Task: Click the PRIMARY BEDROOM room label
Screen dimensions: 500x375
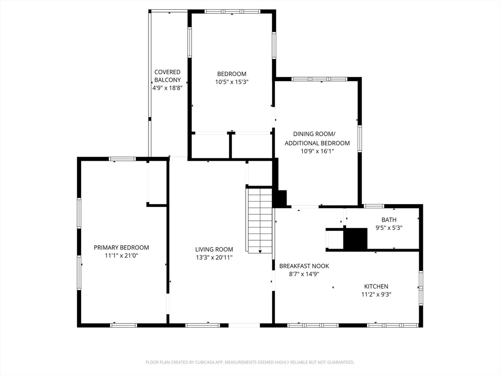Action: (x=121, y=248)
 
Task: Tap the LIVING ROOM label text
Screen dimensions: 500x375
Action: (x=214, y=250)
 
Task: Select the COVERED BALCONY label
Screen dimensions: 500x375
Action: (x=167, y=76)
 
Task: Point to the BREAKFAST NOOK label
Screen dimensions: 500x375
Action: (x=304, y=266)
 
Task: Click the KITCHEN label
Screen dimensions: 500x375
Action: (x=376, y=286)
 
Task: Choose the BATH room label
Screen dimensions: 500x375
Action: (x=389, y=220)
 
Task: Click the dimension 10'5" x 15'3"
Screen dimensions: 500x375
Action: (x=232, y=82)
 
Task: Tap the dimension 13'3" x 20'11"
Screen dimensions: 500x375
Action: (x=214, y=257)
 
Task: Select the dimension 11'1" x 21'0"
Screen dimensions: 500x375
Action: (x=121, y=255)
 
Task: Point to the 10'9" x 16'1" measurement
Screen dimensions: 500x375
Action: (x=317, y=151)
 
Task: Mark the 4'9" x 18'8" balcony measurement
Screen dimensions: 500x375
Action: (x=167, y=88)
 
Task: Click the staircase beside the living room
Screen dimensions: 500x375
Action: (x=259, y=220)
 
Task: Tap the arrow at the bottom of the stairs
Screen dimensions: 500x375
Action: (x=260, y=251)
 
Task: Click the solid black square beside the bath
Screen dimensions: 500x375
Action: (x=355, y=238)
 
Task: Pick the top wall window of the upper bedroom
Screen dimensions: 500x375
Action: (x=232, y=12)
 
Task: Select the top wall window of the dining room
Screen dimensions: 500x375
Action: (x=319, y=79)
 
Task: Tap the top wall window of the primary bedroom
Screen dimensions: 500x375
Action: (x=123, y=159)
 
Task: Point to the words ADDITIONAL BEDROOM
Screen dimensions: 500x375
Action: (x=317, y=143)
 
